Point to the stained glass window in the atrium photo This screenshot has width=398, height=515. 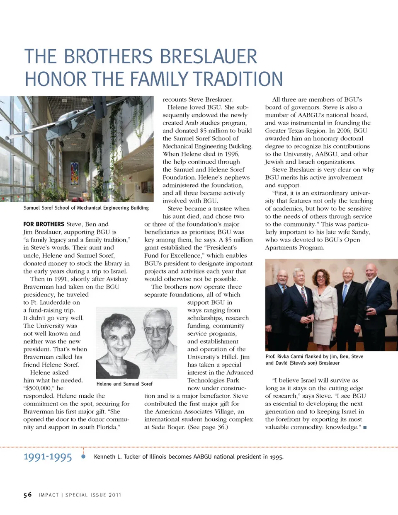[74, 174]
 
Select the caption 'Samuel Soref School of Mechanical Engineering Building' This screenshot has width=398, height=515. [86, 208]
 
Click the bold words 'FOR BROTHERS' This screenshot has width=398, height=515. [44, 224]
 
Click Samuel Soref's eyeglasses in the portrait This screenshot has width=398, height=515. [157, 330]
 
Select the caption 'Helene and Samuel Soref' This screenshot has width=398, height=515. [124, 384]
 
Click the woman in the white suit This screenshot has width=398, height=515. [323, 307]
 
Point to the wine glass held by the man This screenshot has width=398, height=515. [367, 312]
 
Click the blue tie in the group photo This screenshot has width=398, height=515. [345, 293]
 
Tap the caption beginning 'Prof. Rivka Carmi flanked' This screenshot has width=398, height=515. [314, 360]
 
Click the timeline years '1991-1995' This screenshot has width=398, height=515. [48, 457]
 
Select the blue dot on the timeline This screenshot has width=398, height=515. [83, 457]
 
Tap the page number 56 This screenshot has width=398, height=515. [27, 495]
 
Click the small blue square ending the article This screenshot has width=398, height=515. [365, 428]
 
